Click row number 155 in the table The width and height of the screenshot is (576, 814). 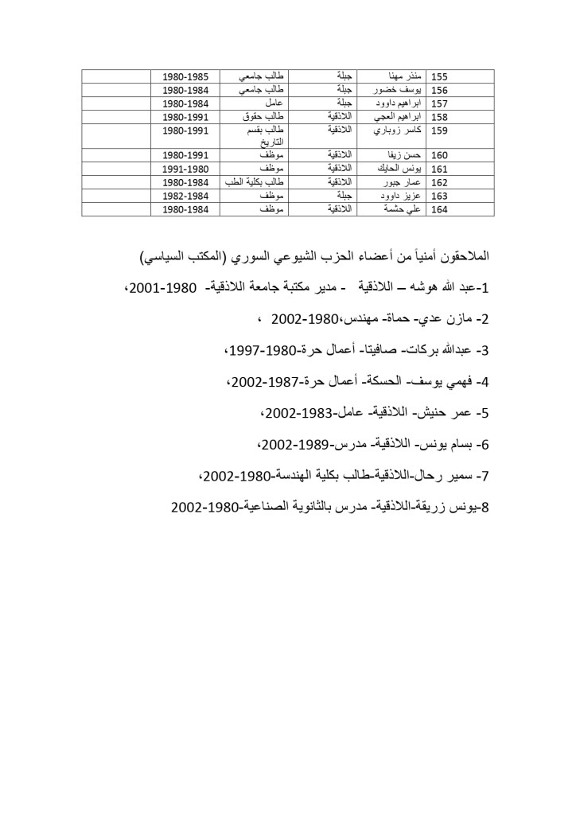[439, 77]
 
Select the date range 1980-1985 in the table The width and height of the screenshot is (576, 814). [185, 77]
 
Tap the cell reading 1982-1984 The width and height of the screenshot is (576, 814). [185, 196]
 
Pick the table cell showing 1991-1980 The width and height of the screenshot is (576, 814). [185, 169]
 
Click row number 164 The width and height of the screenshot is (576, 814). [439, 209]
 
